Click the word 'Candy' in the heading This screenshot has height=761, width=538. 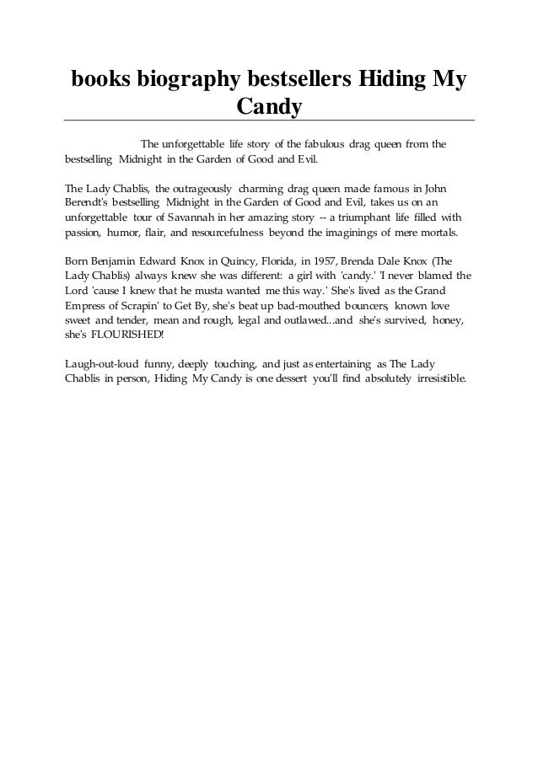coord(269,107)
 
